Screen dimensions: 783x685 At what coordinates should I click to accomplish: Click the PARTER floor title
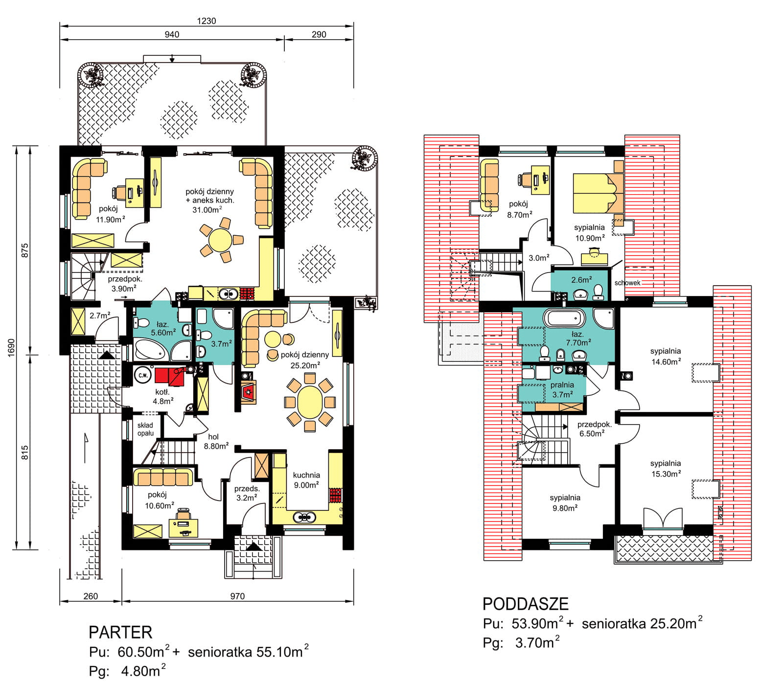pyautogui.click(x=120, y=632)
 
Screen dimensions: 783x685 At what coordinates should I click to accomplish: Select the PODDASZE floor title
pyautogui.click(x=526, y=604)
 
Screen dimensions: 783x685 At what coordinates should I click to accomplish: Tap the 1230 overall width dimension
pyautogui.click(x=207, y=21)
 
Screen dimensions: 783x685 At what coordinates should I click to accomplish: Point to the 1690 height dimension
pyautogui.click(x=11, y=347)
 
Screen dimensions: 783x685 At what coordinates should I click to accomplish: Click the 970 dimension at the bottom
pyautogui.click(x=237, y=596)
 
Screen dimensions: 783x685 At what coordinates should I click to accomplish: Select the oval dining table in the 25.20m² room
pyautogui.click(x=310, y=402)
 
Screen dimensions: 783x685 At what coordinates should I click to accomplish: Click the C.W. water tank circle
pyautogui.click(x=143, y=376)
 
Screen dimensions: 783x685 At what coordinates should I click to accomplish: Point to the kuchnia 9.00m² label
pyautogui.click(x=306, y=479)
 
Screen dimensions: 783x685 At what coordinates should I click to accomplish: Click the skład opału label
pyautogui.click(x=145, y=429)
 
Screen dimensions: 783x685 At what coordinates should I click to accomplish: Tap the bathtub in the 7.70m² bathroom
pyautogui.click(x=564, y=319)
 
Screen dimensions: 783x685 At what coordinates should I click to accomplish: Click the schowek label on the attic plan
pyautogui.click(x=627, y=283)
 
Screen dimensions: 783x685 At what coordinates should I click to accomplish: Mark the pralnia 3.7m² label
pyautogui.click(x=562, y=389)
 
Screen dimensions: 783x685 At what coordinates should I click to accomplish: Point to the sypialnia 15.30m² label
pyautogui.click(x=666, y=468)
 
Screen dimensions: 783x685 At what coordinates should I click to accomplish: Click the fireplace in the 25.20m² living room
pyautogui.click(x=249, y=391)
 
